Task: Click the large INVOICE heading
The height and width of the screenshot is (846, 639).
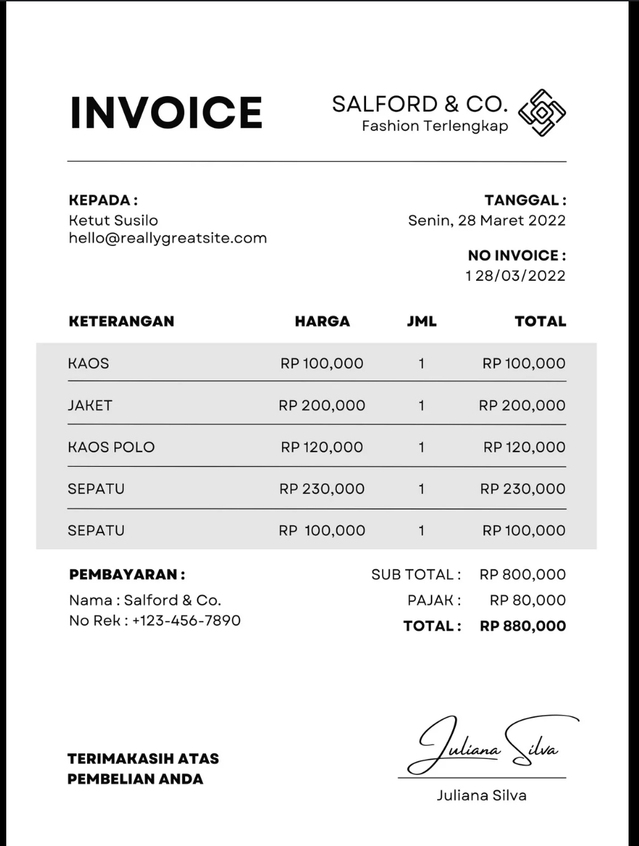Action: point(166,112)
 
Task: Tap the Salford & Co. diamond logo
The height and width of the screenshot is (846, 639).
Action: point(543,112)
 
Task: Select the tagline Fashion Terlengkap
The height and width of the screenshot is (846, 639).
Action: point(434,126)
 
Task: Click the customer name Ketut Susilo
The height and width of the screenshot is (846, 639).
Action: point(113,220)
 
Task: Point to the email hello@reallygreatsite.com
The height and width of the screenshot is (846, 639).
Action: point(167,238)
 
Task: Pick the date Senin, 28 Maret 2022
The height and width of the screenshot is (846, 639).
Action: point(487,221)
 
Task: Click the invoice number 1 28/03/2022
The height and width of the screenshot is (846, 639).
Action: point(515,275)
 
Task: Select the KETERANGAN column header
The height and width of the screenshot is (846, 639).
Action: point(121,321)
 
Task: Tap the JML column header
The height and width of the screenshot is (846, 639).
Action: point(421,321)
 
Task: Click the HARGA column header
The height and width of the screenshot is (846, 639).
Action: point(322,321)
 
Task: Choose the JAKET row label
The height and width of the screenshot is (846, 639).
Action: point(90,405)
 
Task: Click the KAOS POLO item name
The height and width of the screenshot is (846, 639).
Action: point(111,447)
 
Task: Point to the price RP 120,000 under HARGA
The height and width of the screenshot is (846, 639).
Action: point(322,447)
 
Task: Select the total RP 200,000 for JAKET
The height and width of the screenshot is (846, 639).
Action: point(522,405)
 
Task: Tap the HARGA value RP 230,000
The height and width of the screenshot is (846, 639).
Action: point(322,489)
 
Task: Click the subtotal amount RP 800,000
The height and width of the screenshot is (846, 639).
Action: point(522,575)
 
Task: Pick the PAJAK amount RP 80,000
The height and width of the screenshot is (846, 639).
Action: point(527,600)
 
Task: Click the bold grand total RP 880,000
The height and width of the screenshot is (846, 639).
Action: point(522,626)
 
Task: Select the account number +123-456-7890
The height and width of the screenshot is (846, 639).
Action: point(186,620)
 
